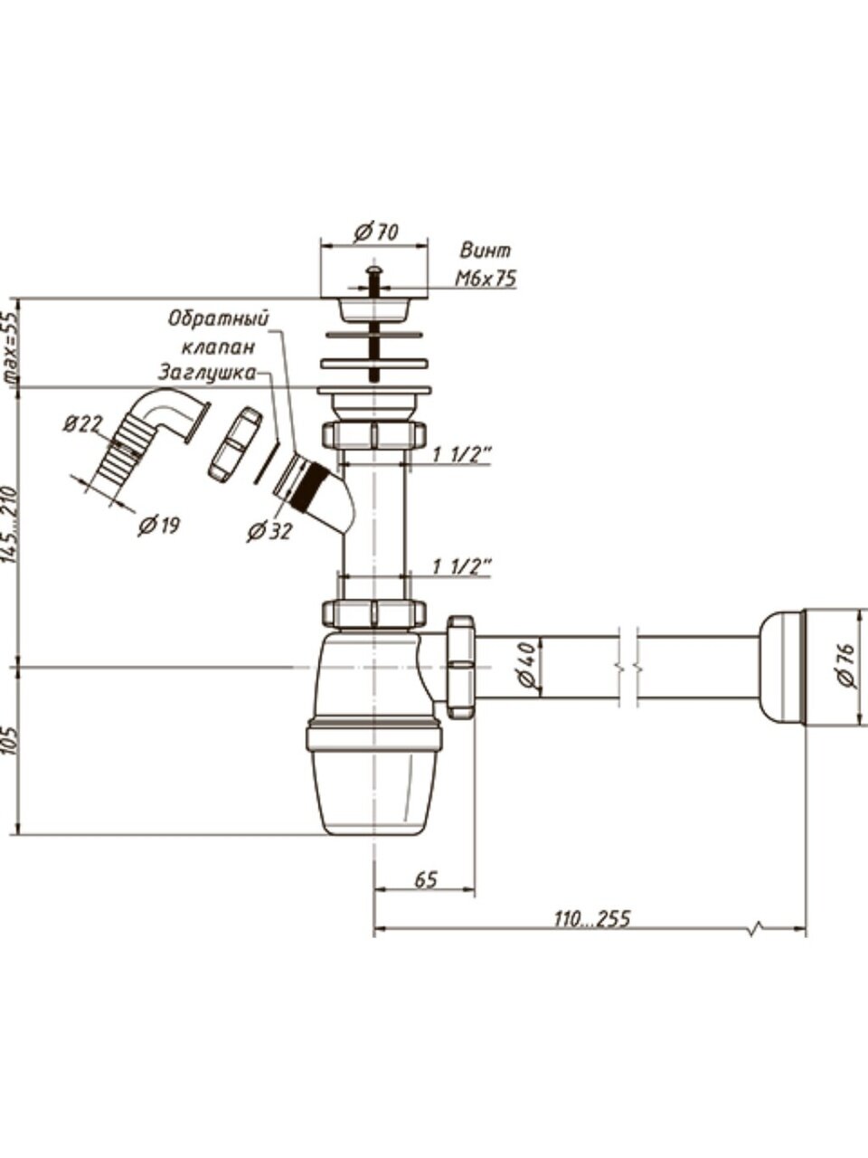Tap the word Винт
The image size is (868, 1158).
coord(486,251)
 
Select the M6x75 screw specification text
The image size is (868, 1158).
coord(486,279)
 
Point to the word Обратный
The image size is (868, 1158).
coord(220,319)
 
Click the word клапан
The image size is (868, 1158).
coord(218,346)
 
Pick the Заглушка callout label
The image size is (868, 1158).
coord(205,372)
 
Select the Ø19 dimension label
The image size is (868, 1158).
coord(158,526)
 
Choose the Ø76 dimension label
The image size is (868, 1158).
coord(847,667)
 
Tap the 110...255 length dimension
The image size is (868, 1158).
coord(591,918)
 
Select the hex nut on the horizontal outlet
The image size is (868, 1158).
coord(460,667)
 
